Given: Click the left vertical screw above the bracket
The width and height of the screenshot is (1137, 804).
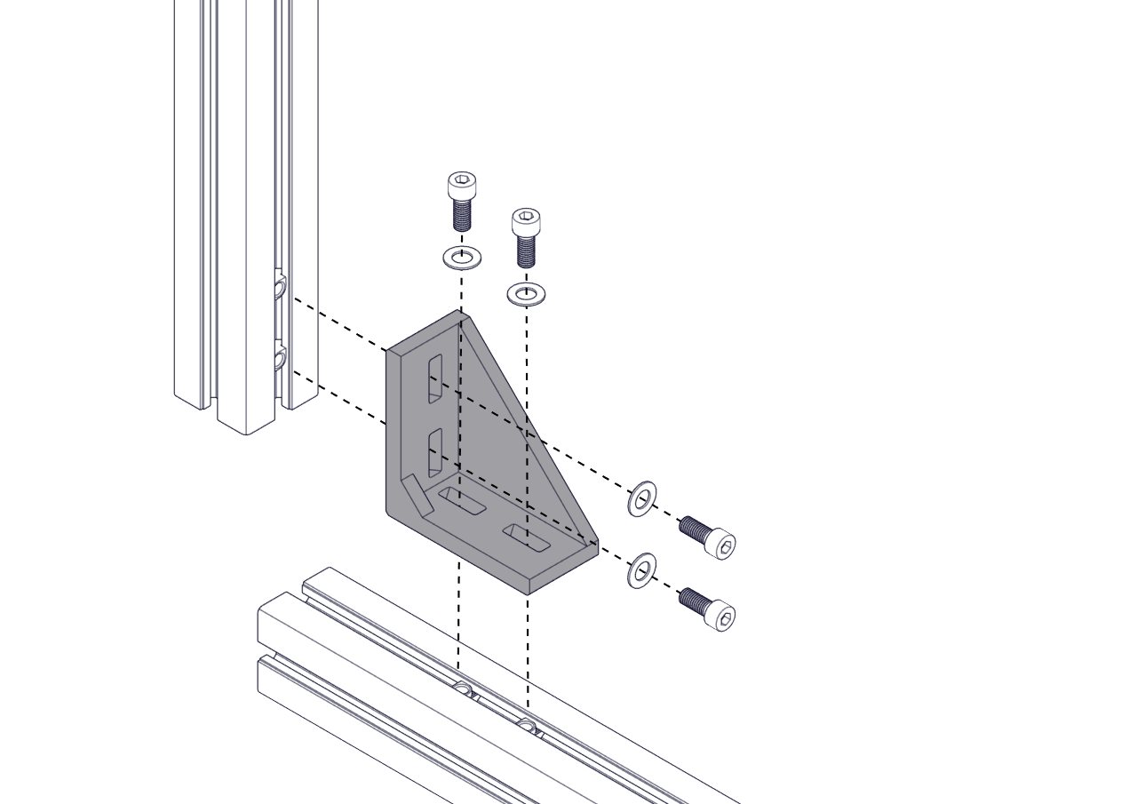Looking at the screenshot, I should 461,202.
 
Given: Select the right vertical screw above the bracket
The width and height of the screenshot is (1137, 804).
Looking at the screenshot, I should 526,237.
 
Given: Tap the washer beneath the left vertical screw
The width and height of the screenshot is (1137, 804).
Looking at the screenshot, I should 462,259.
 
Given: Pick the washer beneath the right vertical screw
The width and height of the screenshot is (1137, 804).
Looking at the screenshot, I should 526,293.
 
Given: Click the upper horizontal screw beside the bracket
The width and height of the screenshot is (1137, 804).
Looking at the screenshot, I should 707,536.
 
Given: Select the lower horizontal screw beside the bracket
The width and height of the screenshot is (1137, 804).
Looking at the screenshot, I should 707,609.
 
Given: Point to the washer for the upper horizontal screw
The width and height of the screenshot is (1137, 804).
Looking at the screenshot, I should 642,498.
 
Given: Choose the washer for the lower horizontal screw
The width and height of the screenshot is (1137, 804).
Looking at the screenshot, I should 641,570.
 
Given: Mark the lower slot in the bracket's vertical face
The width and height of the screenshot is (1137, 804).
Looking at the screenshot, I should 435,452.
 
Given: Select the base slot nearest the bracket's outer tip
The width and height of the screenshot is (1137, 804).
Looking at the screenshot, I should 527,537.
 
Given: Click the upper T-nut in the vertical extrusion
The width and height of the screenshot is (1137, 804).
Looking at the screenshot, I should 280,287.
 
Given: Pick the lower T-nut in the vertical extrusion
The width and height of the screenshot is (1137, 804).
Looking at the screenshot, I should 280,359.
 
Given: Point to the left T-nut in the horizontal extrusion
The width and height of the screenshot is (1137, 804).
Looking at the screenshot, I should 462,689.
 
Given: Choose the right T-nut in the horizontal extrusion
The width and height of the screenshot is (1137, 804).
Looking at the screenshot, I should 529,725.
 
